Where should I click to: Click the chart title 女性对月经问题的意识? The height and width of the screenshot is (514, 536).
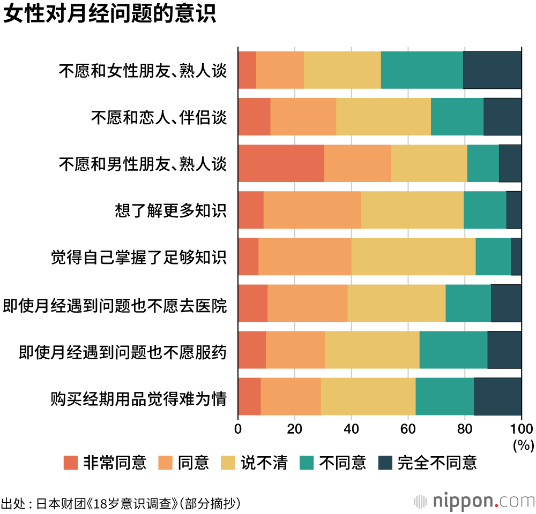point(109,14)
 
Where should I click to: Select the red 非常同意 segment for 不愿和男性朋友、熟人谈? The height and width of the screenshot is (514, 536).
point(281,163)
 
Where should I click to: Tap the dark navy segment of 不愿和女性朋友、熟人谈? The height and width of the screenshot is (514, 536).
point(492,70)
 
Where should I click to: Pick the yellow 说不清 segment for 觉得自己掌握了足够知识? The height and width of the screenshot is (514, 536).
point(413,256)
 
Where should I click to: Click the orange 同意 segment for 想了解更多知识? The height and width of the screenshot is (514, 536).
point(312,210)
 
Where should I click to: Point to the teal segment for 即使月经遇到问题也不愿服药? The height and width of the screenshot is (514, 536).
point(453,350)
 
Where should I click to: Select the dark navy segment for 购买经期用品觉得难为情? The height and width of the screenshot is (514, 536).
point(497,396)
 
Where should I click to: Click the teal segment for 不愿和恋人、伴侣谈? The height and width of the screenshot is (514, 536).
point(457,117)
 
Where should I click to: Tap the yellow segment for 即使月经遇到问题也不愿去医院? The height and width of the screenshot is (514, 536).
point(397,303)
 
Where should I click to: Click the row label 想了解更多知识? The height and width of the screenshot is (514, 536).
point(170,210)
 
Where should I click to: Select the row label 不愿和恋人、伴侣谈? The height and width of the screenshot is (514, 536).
point(159,117)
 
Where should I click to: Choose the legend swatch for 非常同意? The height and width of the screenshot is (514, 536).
point(71,463)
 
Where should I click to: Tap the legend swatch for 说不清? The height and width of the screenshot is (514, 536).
point(228,463)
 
